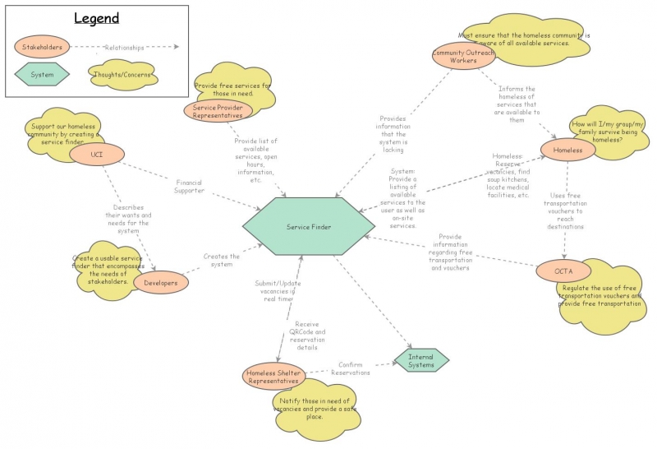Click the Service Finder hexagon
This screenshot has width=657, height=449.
(308, 226)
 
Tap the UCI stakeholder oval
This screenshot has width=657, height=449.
(96, 154)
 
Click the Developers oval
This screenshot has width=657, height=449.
(161, 283)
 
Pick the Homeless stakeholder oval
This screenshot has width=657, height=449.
(567, 150)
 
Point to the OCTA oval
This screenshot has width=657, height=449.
(563, 271)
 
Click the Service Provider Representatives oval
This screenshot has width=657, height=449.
(218, 111)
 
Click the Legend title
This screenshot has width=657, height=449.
(97, 19)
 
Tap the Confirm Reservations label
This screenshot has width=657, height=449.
(352, 368)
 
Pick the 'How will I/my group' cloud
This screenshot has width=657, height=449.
(609, 132)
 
